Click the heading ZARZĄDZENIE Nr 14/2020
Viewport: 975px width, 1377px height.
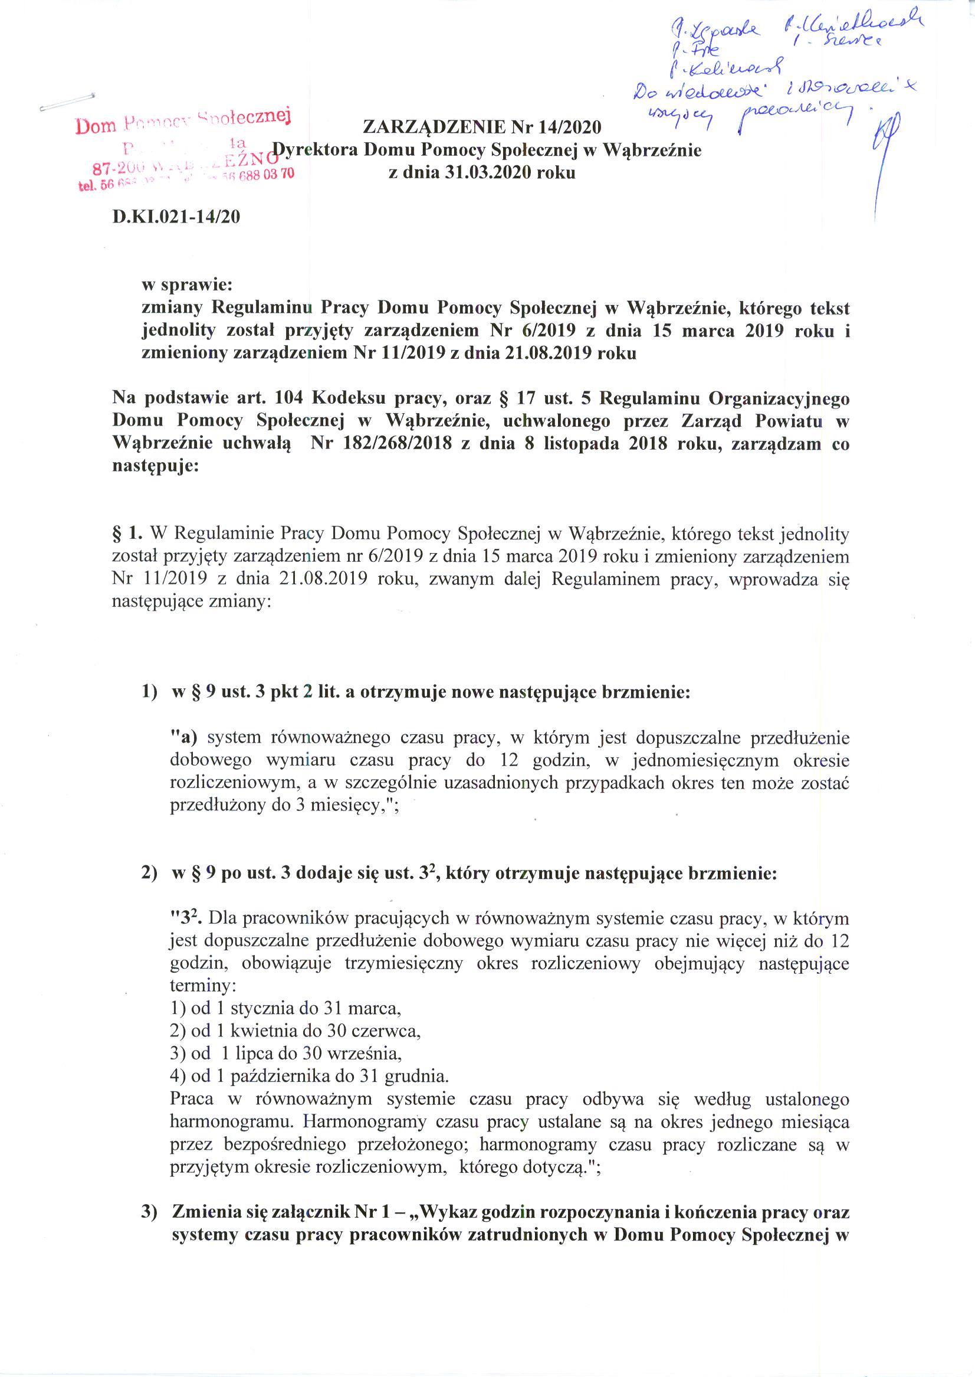(481, 127)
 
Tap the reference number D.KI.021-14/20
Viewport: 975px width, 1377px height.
(176, 216)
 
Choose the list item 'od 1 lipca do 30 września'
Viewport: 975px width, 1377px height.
(285, 1052)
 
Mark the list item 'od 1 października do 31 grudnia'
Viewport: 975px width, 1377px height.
(310, 1075)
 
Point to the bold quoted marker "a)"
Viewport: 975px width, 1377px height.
(185, 737)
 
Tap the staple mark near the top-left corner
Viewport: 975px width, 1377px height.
(67, 103)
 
